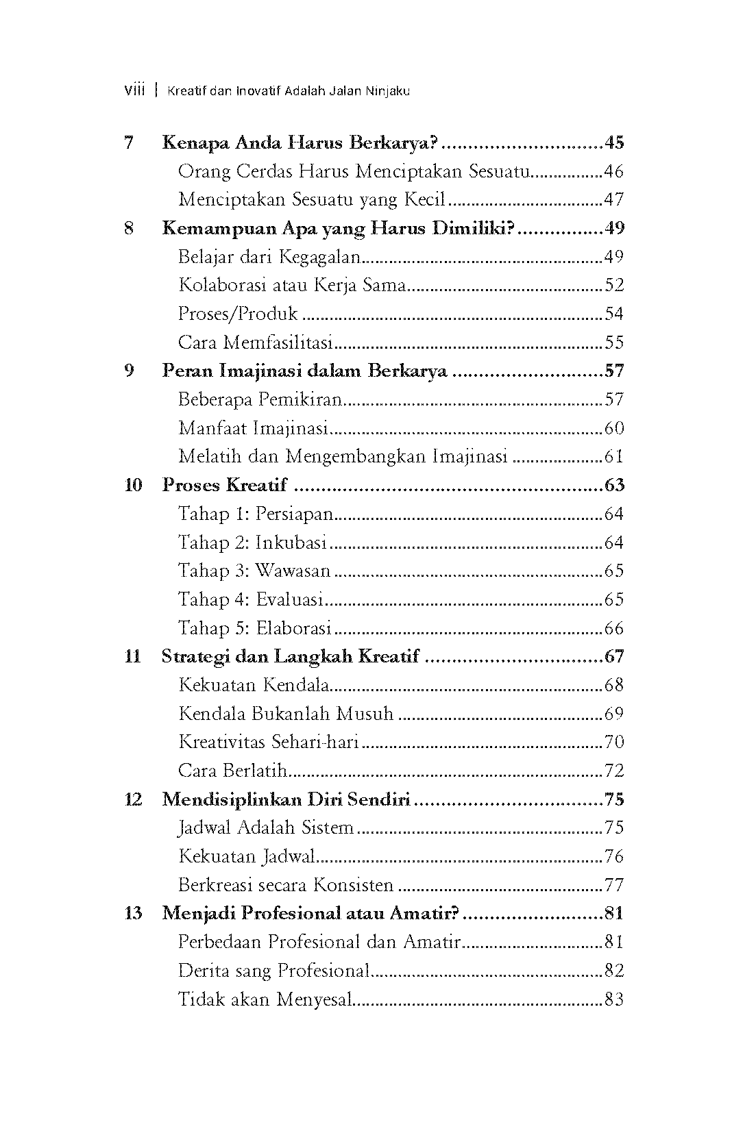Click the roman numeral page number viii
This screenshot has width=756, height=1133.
(134, 90)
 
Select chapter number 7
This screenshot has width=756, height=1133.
(128, 143)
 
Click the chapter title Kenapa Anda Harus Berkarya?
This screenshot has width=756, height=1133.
(301, 143)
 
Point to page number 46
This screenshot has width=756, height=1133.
(613, 172)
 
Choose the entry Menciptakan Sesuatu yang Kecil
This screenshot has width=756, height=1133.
(312, 200)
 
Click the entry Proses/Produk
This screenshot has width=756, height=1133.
(238, 314)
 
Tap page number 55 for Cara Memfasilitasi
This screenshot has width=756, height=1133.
(613, 343)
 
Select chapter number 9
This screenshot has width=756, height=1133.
(128, 371)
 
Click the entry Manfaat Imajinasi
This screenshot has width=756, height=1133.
(252, 429)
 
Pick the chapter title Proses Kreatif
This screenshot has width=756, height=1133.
(225, 486)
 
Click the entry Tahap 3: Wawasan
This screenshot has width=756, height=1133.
(254, 571)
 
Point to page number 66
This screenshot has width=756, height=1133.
(613, 628)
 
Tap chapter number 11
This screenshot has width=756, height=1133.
(132, 657)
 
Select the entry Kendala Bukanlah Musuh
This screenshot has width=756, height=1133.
(286, 714)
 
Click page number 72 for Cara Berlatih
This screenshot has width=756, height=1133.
(613, 771)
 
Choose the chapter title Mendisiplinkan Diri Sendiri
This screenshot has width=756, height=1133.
(286, 799)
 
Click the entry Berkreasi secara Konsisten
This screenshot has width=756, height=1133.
(286, 885)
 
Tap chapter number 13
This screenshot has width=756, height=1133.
(133, 914)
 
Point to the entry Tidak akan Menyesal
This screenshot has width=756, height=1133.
(265, 999)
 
